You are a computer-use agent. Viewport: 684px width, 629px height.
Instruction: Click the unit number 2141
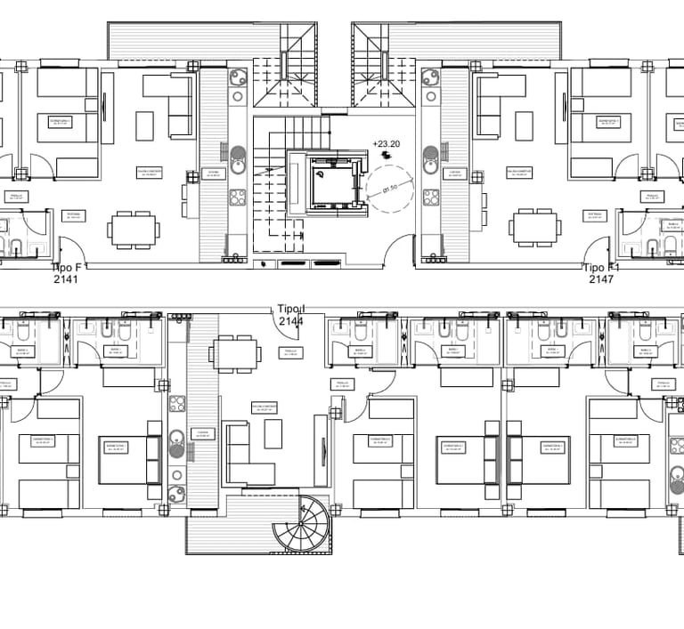click(x=66, y=278)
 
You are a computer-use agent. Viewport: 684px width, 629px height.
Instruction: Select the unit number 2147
click(x=601, y=278)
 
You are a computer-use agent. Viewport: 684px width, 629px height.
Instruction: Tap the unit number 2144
click(x=292, y=320)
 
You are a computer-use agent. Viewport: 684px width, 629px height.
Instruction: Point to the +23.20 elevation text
click(x=386, y=142)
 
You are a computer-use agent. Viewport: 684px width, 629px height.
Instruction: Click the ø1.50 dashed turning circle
click(x=390, y=190)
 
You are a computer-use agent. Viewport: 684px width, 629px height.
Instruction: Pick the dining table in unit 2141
click(x=133, y=229)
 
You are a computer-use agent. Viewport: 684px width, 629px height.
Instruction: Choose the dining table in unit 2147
click(x=536, y=229)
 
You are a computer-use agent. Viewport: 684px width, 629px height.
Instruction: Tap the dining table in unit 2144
click(x=236, y=354)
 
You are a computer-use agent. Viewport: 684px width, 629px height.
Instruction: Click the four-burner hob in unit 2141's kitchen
click(x=238, y=198)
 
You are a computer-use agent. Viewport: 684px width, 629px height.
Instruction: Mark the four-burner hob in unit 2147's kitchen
click(x=431, y=198)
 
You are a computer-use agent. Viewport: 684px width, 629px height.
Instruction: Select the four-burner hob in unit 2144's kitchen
click(x=177, y=403)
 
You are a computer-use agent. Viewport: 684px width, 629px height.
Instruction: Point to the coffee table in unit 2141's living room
click(x=144, y=125)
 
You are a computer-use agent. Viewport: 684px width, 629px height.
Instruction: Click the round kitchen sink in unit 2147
click(x=431, y=165)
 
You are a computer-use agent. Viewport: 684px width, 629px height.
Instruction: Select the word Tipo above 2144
click(x=290, y=309)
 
